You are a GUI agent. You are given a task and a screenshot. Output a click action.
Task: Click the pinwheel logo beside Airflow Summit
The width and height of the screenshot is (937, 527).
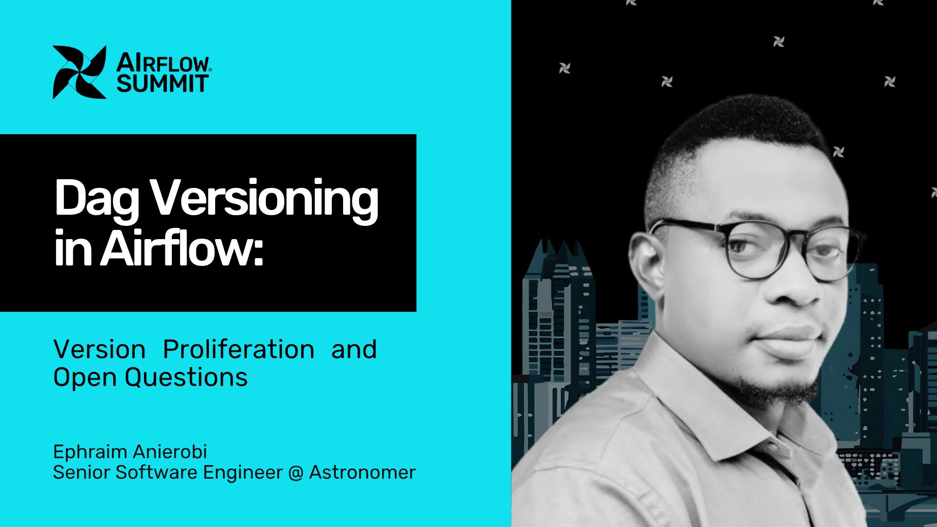(79, 72)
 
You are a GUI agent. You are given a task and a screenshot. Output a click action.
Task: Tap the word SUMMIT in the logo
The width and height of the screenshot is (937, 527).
(163, 83)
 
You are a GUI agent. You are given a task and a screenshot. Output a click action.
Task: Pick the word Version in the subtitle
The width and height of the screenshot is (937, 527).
(100, 349)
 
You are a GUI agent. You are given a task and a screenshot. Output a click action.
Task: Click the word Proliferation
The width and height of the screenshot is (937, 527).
(239, 349)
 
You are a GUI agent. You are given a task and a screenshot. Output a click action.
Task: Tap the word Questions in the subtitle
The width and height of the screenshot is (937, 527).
(186, 377)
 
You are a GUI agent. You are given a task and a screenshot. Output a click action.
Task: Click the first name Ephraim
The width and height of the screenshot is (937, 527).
(90, 452)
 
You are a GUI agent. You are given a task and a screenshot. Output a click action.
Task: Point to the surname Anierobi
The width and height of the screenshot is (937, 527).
(170, 451)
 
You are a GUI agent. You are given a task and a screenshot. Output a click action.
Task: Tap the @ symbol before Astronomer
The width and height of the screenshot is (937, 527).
(296, 473)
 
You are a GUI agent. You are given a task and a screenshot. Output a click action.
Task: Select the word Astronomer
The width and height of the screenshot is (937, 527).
(362, 472)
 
